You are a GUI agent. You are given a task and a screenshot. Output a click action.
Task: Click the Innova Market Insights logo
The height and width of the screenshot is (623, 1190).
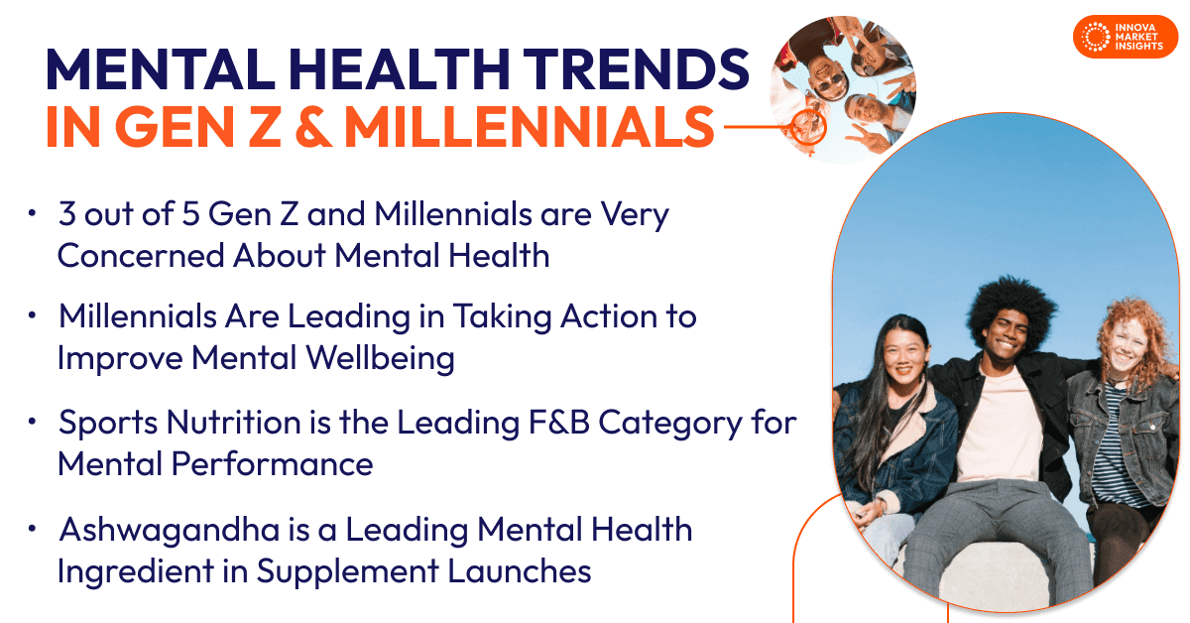[x=1126, y=37]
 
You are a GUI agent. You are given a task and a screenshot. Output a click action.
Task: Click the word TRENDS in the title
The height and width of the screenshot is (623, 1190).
[x=636, y=69]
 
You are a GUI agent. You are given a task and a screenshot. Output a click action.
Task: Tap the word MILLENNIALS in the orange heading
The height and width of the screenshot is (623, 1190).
[x=530, y=127]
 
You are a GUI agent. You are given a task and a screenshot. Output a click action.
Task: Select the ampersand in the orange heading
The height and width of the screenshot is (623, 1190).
[x=313, y=127]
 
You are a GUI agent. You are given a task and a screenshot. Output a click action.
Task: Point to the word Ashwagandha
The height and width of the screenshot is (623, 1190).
[x=170, y=531]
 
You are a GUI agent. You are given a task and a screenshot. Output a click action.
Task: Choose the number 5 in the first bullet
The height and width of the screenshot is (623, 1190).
[x=190, y=214]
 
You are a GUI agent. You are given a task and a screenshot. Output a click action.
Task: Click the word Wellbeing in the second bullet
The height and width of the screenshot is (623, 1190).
[x=381, y=359]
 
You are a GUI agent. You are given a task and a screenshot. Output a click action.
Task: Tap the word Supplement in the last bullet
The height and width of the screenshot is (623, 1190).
[x=348, y=572]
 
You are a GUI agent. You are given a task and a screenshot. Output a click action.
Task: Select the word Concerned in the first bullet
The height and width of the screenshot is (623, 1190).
[x=141, y=256]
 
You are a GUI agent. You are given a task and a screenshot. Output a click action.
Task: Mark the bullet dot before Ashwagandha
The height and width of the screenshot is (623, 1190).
[x=32, y=529]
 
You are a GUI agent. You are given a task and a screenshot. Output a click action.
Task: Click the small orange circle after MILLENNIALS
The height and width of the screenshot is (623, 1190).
[x=808, y=127]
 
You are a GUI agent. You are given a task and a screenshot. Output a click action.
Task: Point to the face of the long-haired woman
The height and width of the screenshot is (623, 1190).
[x=903, y=362]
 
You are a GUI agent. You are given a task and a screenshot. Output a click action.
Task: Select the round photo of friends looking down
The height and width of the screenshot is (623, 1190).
[x=843, y=89]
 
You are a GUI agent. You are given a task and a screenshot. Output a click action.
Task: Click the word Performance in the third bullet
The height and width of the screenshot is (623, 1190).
[x=272, y=464]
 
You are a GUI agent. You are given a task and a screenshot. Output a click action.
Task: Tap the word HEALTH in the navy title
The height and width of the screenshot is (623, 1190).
[x=399, y=69]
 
